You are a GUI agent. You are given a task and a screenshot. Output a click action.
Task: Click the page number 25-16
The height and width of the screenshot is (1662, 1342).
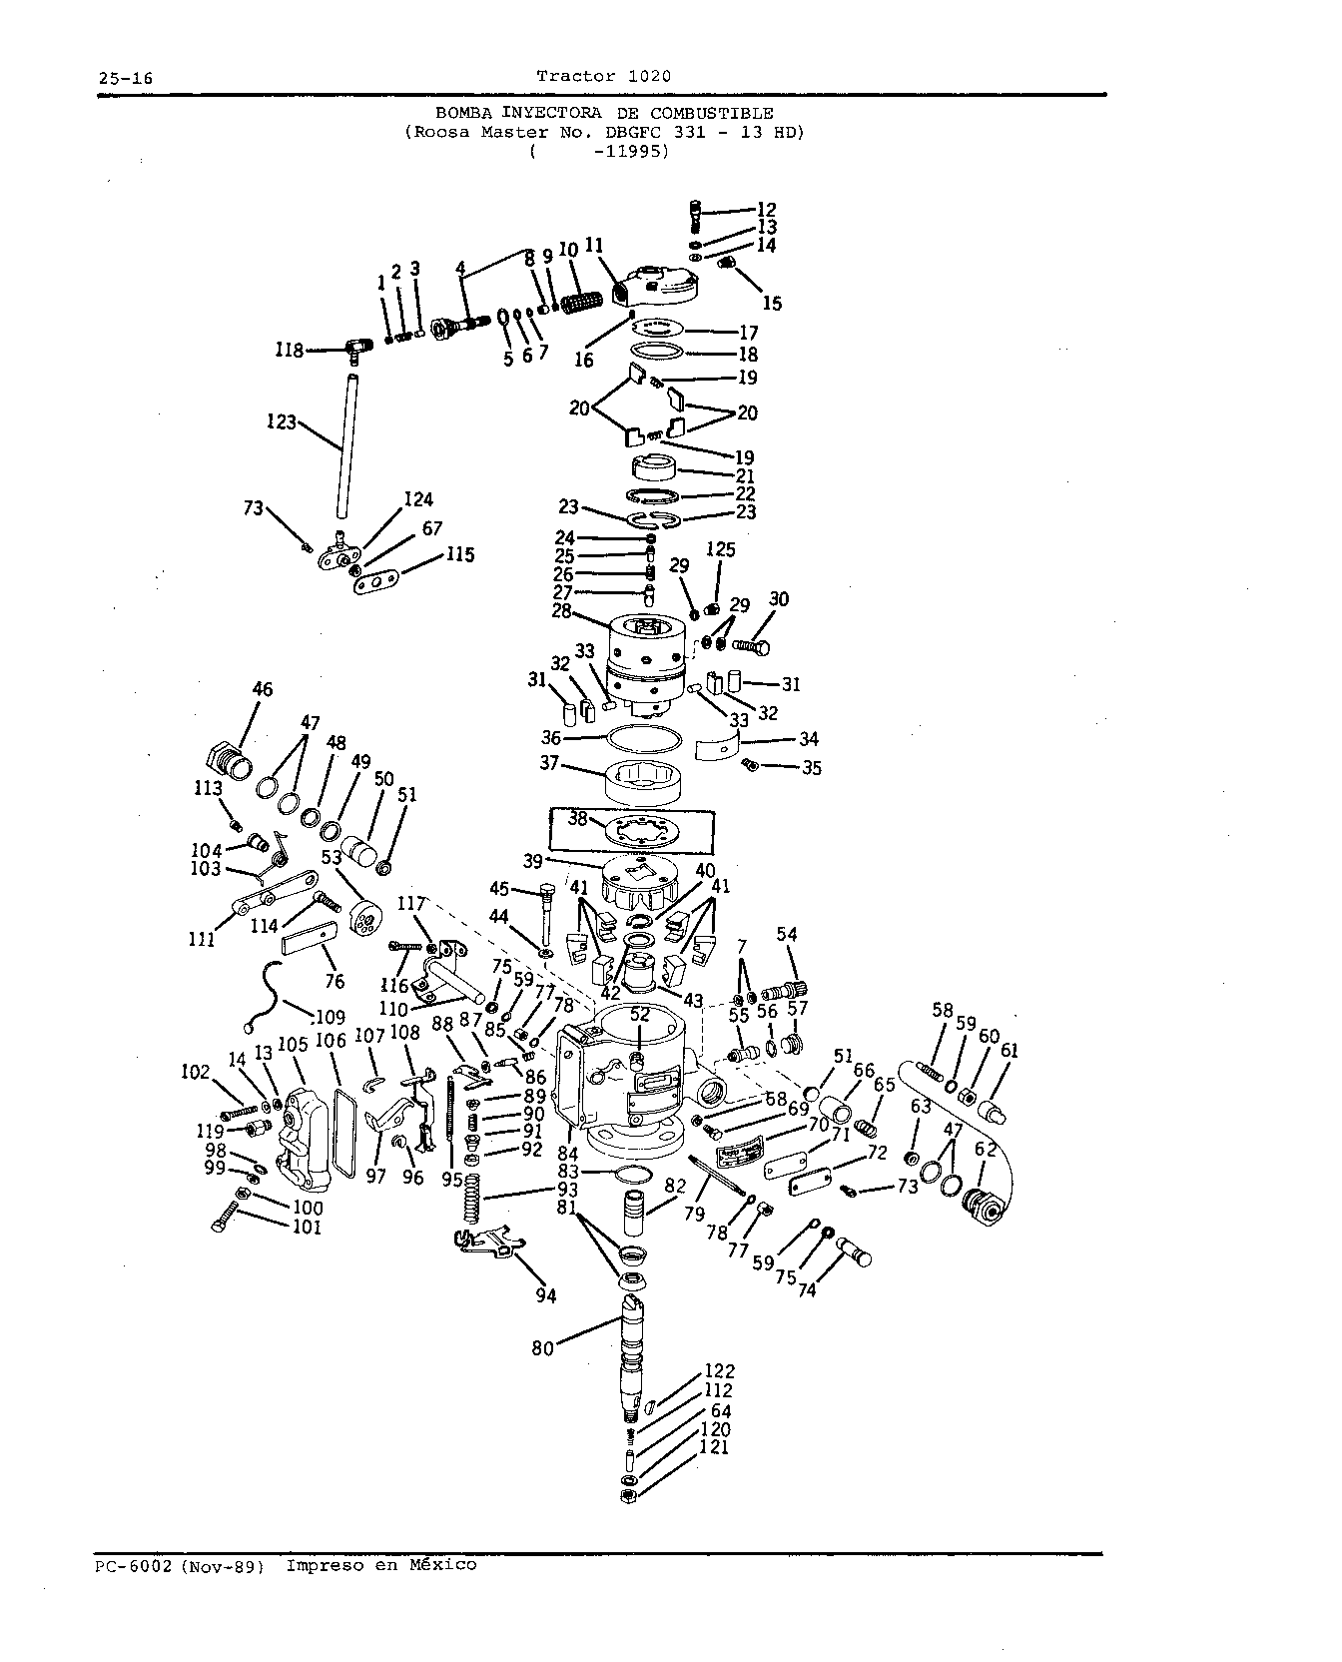[x=124, y=79]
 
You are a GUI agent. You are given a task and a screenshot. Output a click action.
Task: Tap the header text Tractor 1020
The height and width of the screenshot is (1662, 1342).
[x=603, y=76]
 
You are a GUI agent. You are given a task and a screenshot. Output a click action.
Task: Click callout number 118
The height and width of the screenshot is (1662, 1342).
[x=290, y=351]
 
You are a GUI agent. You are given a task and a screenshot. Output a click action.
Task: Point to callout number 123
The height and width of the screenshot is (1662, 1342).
[x=283, y=422]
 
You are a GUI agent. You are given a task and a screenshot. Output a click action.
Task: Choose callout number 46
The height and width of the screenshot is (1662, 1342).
[x=263, y=689]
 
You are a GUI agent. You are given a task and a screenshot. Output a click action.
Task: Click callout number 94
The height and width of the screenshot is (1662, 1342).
[x=545, y=1295]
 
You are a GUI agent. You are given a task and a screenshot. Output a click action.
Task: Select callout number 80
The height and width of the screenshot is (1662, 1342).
[x=543, y=1348]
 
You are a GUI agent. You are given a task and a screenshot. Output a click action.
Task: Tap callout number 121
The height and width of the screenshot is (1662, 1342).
[x=715, y=1447]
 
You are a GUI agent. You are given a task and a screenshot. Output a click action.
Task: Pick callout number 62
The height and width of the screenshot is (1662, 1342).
[x=986, y=1149]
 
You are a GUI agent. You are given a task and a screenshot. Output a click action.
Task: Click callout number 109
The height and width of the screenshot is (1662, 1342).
[x=330, y=1018]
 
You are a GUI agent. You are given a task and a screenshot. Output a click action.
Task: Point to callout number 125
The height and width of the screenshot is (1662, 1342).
[x=720, y=549]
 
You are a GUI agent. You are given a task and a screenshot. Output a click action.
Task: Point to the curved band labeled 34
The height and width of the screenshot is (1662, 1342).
[x=730, y=746]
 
